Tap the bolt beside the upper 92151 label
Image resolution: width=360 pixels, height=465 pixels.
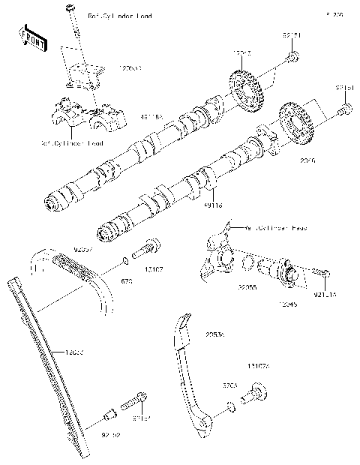click(293, 56)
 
